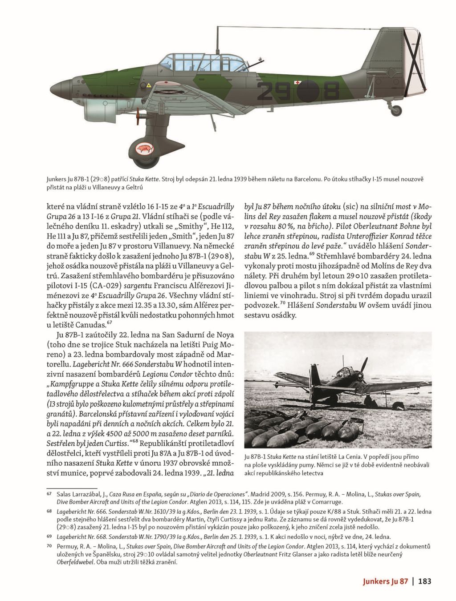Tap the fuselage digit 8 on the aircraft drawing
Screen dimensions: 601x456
point(330,92)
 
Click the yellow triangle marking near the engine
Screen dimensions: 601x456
point(148,85)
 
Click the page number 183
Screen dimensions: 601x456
point(425,581)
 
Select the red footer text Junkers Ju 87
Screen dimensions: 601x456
point(385,581)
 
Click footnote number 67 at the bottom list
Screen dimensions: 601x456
point(49,494)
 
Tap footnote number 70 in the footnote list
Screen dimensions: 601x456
point(49,546)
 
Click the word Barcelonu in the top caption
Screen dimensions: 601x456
point(306,179)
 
